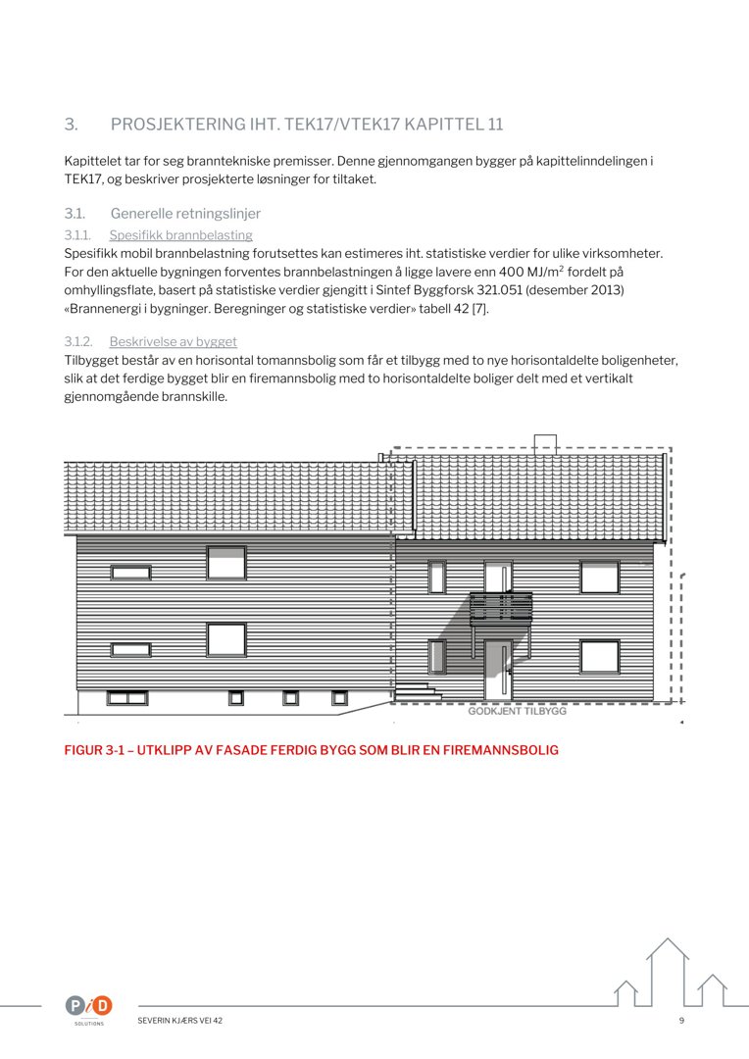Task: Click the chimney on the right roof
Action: (545, 444)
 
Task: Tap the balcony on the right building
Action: (501, 608)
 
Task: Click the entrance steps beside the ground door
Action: (415, 689)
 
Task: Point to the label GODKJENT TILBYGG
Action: (517, 711)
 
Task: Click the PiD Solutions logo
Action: (89, 1006)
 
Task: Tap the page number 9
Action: (681, 1021)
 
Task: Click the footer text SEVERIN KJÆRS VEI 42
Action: (180, 1021)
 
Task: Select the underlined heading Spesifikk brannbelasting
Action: (180, 235)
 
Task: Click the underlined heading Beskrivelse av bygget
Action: (173, 342)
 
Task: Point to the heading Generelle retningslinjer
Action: (185, 214)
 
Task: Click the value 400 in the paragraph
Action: (513, 271)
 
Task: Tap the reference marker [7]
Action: (479, 309)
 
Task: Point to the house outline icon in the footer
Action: (670, 971)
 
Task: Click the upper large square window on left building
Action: (226, 563)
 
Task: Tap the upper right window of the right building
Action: (599, 577)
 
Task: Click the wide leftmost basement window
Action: (127, 698)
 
